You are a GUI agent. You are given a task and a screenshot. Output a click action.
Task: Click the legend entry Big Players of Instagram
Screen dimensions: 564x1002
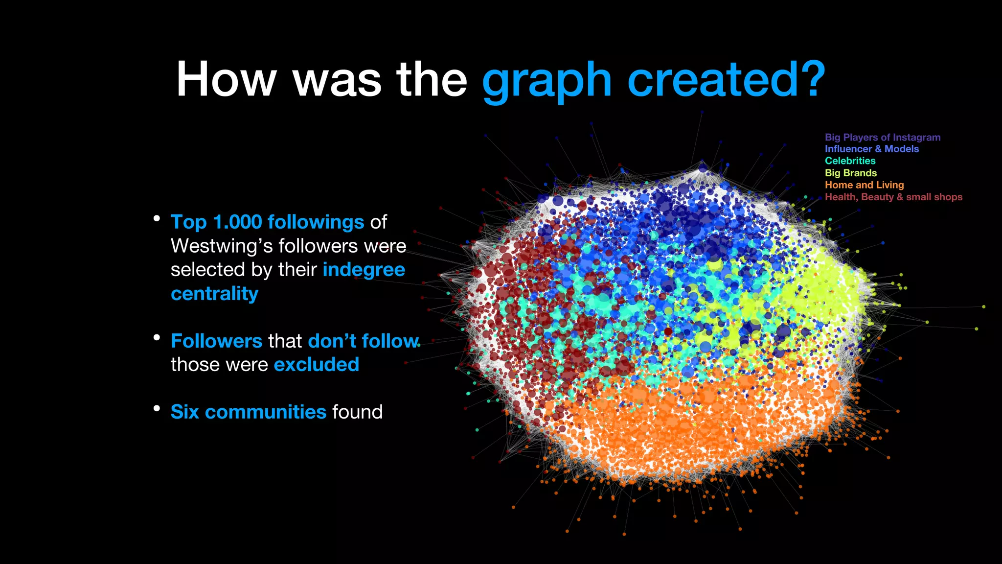click(882, 138)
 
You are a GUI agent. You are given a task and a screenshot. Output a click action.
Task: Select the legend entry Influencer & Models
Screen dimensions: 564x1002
click(871, 149)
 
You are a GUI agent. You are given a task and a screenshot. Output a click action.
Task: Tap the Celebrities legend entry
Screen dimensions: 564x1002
click(850, 161)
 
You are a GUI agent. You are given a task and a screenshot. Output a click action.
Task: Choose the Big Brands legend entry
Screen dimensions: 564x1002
click(850, 173)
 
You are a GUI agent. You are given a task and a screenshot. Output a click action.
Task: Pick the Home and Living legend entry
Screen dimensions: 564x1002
click(864, 185)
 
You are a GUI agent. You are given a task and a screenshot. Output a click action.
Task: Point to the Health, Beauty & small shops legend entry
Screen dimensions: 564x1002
click(893, 197)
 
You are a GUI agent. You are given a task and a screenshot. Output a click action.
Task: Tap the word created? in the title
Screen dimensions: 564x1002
click(726, 79)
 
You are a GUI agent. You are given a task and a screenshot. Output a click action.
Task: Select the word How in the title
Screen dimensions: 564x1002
click(226, 79)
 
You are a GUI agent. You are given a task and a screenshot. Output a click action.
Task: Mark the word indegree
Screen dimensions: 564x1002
click(364, 270)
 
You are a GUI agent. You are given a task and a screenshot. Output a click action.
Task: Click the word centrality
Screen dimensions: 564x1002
click(214, 294)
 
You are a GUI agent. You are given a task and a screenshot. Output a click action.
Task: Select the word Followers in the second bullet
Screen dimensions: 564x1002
click(216, 341)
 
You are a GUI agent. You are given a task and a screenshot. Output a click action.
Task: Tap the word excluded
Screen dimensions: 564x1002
click(317, 365)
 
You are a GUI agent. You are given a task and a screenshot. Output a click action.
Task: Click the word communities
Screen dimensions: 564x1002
click(265, 412)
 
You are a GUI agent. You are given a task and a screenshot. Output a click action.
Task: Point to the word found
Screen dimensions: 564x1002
click(357, 412)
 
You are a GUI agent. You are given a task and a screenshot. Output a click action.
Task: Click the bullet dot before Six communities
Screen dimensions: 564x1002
click(157, 408)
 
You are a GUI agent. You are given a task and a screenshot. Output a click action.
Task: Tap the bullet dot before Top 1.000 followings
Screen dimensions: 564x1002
click(157, 218)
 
